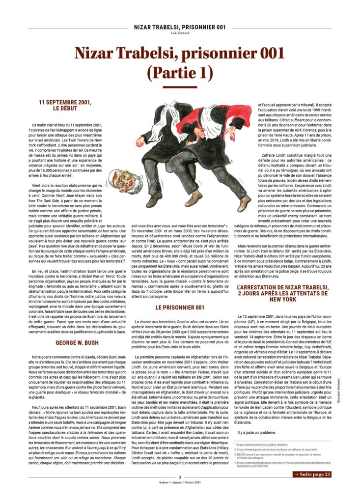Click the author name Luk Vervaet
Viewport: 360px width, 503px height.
click(180, 32)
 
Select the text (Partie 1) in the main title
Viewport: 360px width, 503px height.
click(180, 72)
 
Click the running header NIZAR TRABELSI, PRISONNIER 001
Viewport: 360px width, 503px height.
click(180, 27)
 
